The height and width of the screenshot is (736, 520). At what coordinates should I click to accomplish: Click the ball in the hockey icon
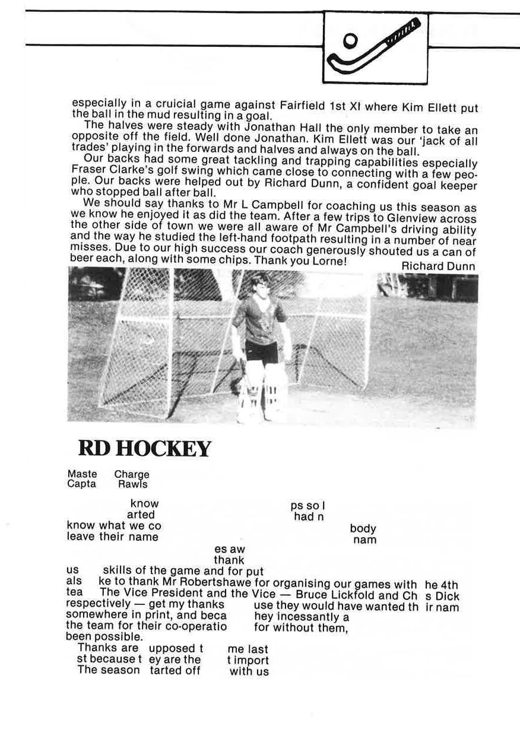pyautogui.click(x=351, y=40)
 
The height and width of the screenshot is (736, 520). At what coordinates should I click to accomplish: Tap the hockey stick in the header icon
pyautogui.click(x=380, y=45)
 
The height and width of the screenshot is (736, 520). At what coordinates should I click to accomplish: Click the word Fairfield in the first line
pyautogui.click(x=303, y=104)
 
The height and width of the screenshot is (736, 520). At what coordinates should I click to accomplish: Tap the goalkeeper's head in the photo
pyautogui.click(x=259, y=283)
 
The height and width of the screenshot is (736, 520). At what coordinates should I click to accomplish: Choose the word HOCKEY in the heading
pyautogui.click(x=163, y=449)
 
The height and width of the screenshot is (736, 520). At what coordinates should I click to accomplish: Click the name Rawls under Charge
pyautogui.click(x=132, y=484)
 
